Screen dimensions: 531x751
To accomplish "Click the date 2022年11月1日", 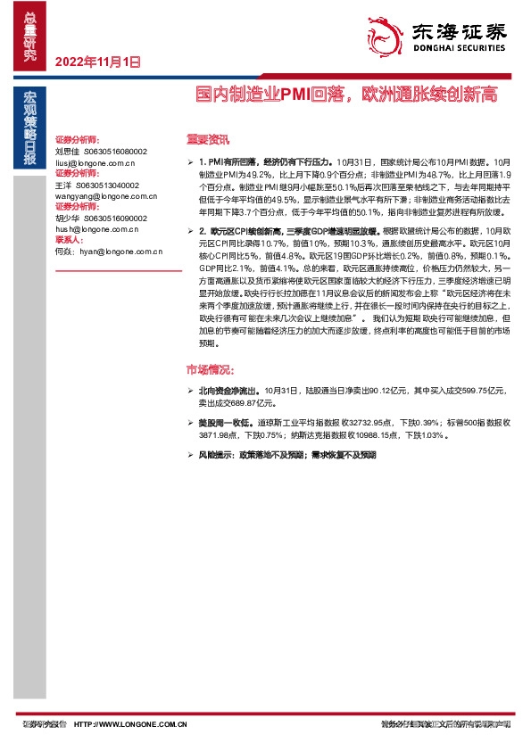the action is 98,62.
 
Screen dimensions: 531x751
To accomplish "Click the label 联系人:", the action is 70,240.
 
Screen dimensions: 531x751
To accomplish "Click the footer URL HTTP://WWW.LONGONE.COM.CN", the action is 129,724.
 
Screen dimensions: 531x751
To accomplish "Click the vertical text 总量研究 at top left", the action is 30,37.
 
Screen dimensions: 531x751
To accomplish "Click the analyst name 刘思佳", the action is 68,153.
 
